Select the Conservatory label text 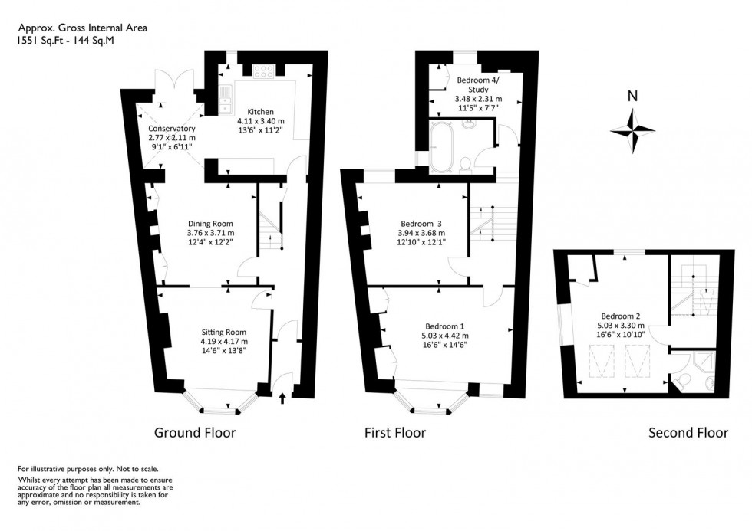tap(172, 129)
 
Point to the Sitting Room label tap(223, 333)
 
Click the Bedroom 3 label tap(419, 224)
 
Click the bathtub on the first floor tap(440, 147)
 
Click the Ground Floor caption tap(195, 433)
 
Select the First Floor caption tap(394, 433)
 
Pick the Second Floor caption tap(688, 433)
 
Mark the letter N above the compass tap(632, 97)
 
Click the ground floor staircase tap(271, 230)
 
